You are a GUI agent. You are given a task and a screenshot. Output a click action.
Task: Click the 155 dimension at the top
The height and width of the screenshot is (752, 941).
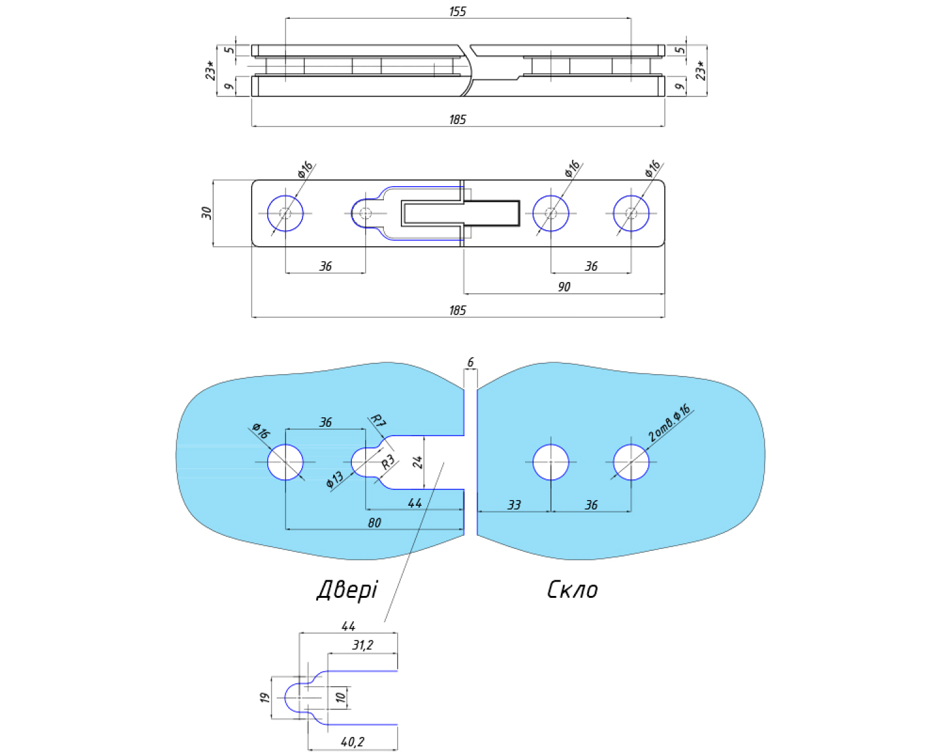457,11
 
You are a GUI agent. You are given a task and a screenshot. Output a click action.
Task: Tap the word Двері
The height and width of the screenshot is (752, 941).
347,590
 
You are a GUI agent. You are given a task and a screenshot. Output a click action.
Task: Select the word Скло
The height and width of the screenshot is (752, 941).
572,590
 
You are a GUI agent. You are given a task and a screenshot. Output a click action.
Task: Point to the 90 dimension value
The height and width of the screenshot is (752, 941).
564,286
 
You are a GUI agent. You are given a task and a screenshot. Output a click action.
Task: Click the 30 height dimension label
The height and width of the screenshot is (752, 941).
206,213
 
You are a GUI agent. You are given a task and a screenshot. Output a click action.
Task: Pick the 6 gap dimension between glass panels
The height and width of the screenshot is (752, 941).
470,362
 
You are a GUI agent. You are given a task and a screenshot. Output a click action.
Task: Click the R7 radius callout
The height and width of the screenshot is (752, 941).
378,421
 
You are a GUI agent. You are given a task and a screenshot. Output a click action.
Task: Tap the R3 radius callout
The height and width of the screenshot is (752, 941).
388,462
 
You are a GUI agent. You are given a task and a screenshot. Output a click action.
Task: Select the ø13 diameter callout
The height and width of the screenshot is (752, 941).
335,479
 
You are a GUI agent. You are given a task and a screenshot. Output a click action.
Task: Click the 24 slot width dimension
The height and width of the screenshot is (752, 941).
418,462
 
